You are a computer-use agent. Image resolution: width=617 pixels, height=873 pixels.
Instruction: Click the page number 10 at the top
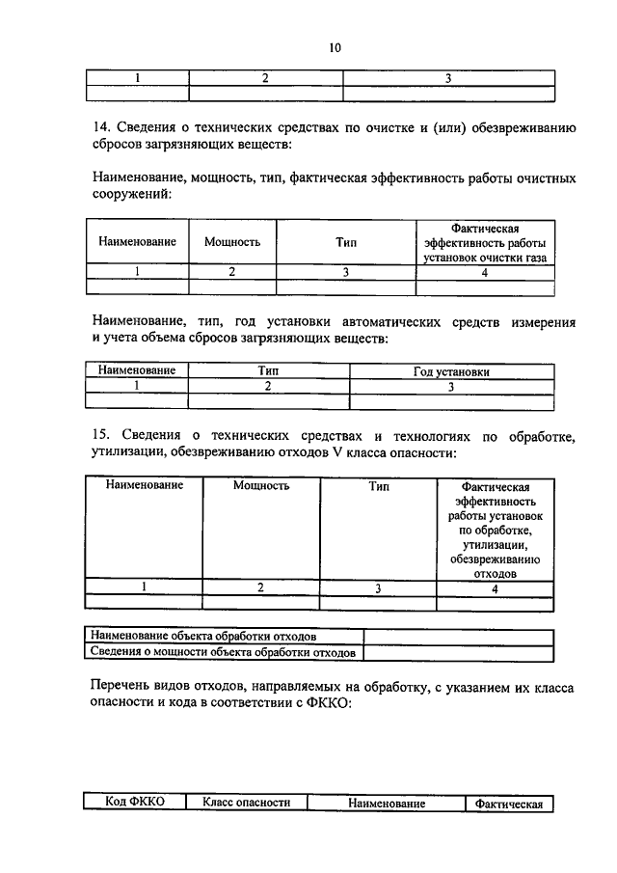pyautogui.click(x=335, y=47)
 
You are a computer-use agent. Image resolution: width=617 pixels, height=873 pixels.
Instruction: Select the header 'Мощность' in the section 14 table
pyautogui.click(x=232, y=241)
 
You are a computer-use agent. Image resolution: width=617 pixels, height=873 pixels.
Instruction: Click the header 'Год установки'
pyautogui.click(x=451, y=371)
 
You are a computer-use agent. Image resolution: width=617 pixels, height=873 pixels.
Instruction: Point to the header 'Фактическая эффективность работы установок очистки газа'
pyautogui.click(x=485, y=241)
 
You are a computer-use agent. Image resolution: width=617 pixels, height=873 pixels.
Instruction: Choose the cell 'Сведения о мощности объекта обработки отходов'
pyautogui.click(x=223, y=653)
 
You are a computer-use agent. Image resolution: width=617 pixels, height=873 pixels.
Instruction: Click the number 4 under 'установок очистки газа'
pyautogui.click(x=485, y=272)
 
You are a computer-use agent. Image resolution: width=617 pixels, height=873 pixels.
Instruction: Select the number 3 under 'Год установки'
pyautogui.click(x=451, y=386)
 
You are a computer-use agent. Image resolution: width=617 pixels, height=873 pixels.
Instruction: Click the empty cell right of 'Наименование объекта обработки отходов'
pyautogui.click(x=458, y=637)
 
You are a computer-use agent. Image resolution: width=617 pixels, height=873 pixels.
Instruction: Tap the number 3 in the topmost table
pyautogui.click(x=449, y=78)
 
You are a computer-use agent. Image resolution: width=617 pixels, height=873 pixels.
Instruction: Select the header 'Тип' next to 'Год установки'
pyautogui.click(x=268, y=371)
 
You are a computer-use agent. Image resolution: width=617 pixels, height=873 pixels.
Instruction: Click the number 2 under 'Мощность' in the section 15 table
pyautogui.click(x=260, y=587)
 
